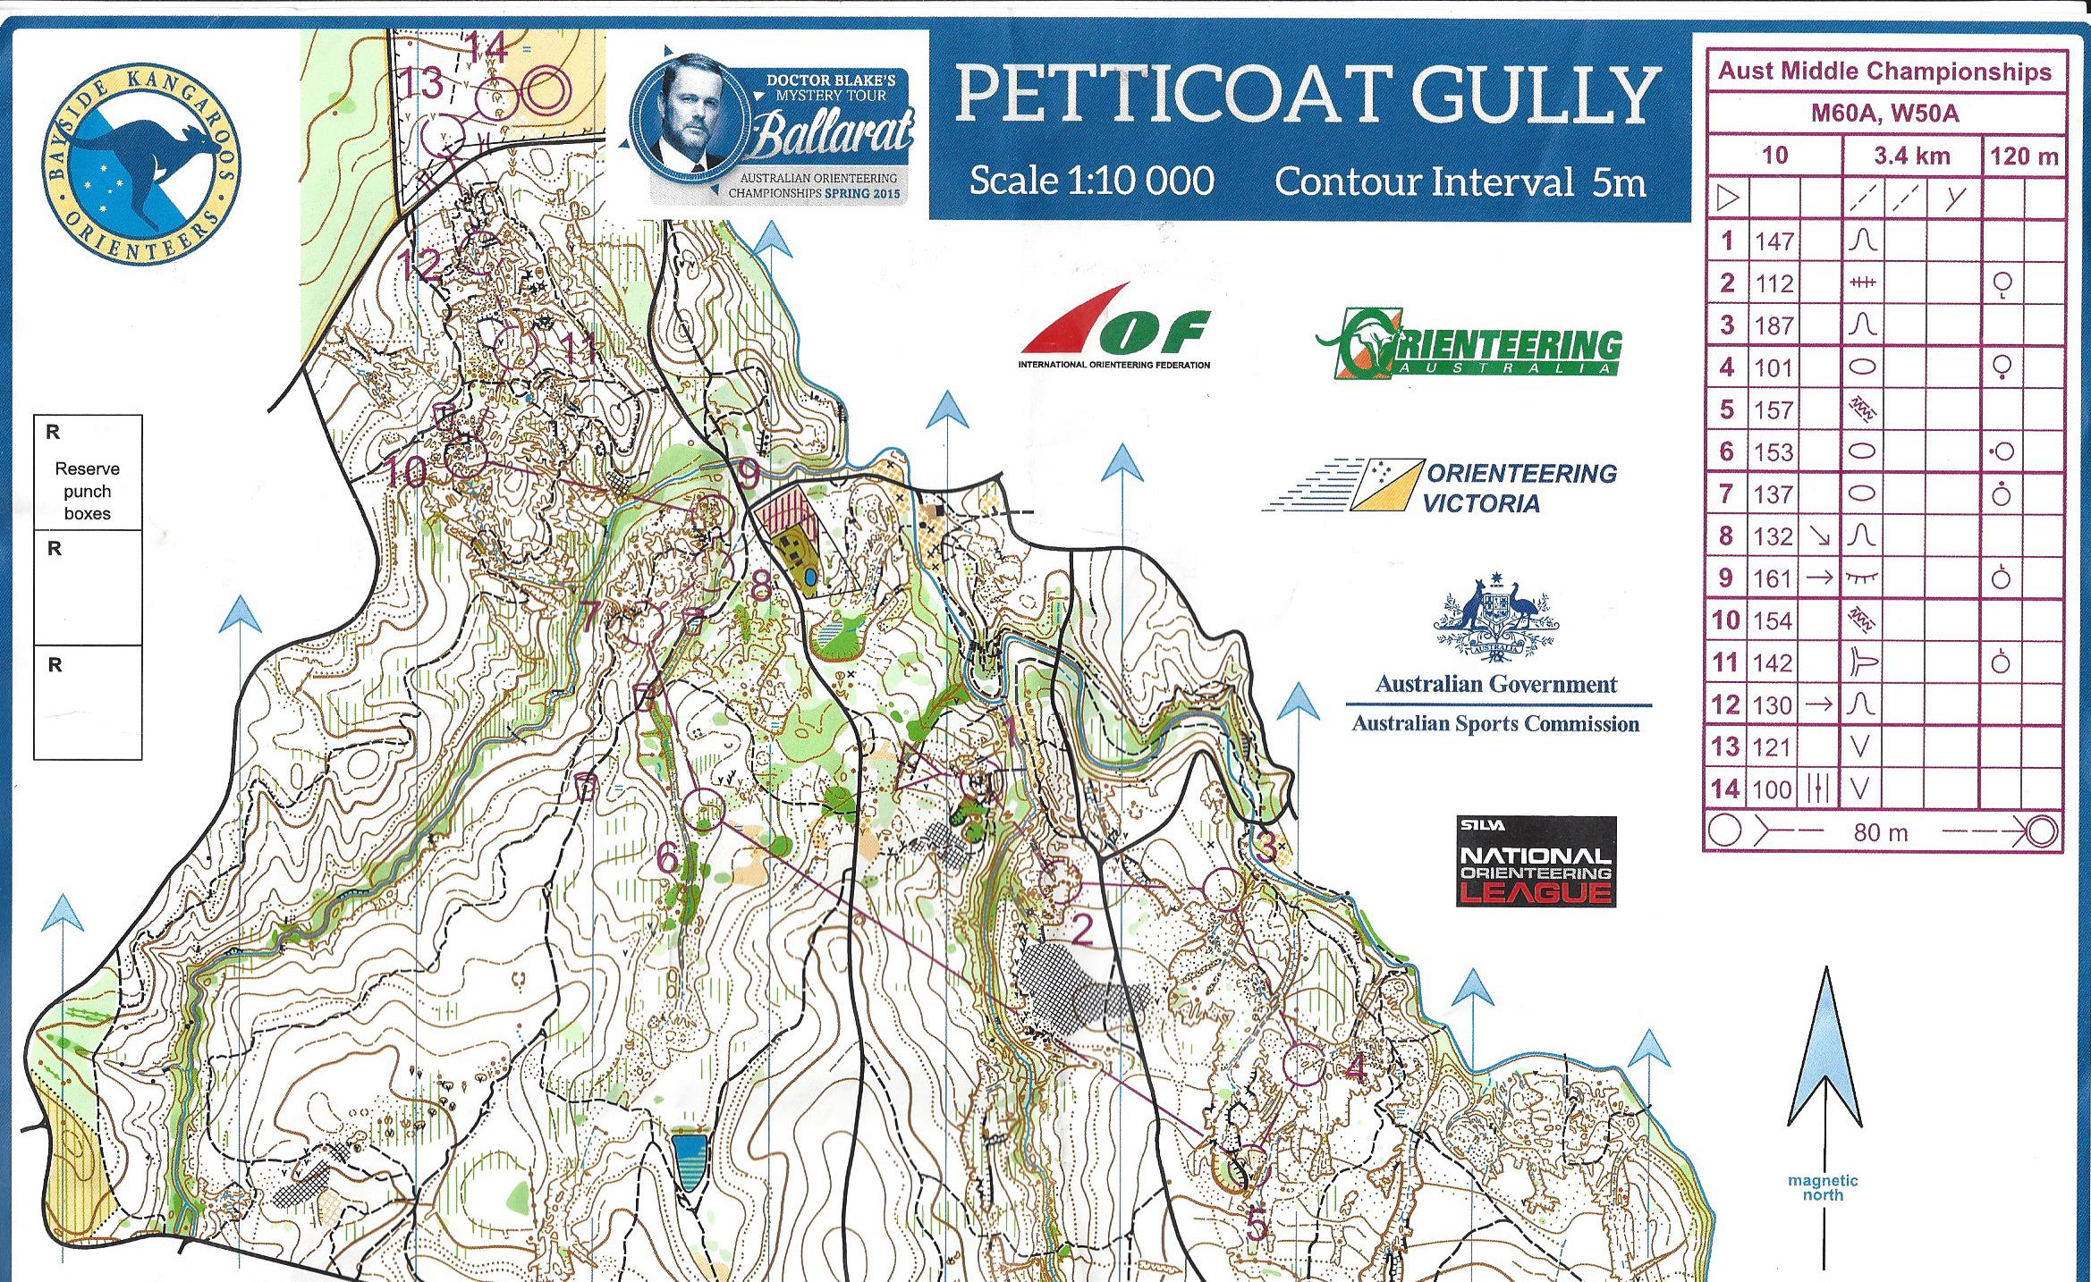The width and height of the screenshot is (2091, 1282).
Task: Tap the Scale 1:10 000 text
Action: coord(1091,181)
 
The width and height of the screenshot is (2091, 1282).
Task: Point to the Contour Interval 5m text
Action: coord(1460,182)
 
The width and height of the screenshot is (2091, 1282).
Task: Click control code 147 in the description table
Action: coord(1774,241)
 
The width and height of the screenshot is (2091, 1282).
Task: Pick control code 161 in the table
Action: coord(1773,579)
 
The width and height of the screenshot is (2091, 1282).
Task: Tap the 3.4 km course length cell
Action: coord(1911,156)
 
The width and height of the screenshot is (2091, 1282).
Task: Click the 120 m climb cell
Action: coord(2023,157)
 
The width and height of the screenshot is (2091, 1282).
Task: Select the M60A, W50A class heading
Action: coord(1884,114)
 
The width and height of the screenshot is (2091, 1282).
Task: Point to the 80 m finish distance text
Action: coord(1880,833)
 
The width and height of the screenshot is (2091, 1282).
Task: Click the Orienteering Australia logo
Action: coord(1469,344)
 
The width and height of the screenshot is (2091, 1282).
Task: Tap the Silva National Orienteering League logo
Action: coord(1536,862)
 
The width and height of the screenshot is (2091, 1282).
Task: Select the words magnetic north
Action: coord(1823,1187)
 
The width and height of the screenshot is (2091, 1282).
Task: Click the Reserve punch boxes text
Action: coord(87,491)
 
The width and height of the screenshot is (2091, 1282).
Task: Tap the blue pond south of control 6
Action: coord(688,1160)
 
